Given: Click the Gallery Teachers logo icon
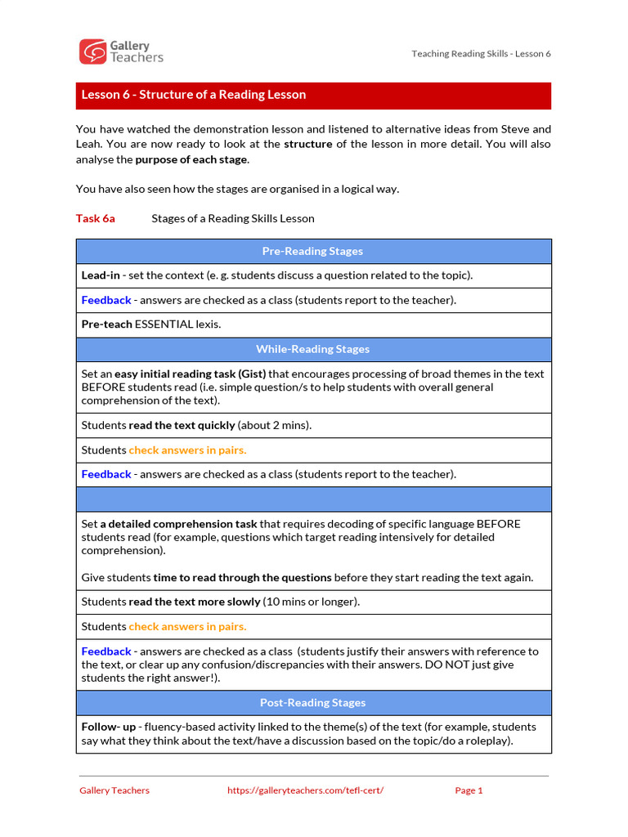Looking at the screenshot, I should pyautogui.click(x=92, y=51).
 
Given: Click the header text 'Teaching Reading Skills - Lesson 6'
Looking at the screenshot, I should pyautogui.click(x=481, y=54).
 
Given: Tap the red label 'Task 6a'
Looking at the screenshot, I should pyautogui.click(x=95, y=218).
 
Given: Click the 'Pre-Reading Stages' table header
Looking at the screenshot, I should pyautogui.click(x=313, y=251).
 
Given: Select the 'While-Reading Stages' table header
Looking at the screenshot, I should pyautogui.click(x=313, y=349).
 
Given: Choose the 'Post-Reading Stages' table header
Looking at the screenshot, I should pyautogui.click(x=313, y=702).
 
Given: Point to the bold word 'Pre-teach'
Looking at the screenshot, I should pyautogui.click(x=106, y=325).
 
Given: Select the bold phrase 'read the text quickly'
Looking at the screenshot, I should pyautogui.click(x=182, y=425).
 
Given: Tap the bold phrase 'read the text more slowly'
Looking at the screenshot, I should pyautogui.click(x=194, y=602).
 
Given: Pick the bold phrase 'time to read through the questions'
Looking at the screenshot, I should pyautogui.click(x=242, y=577).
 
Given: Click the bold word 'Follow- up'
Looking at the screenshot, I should pyautogui.click(x=109, y=727).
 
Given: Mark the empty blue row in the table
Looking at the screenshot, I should pyautogui.click(x=313, y=499).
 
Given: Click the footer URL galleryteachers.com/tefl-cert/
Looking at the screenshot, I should pyautogui.click(x=304, y=790).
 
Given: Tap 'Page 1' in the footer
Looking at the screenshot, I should pyautogui.click(x=469, y=790).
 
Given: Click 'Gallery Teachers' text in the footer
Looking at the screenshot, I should pyautogui.click(x=114, y=790).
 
